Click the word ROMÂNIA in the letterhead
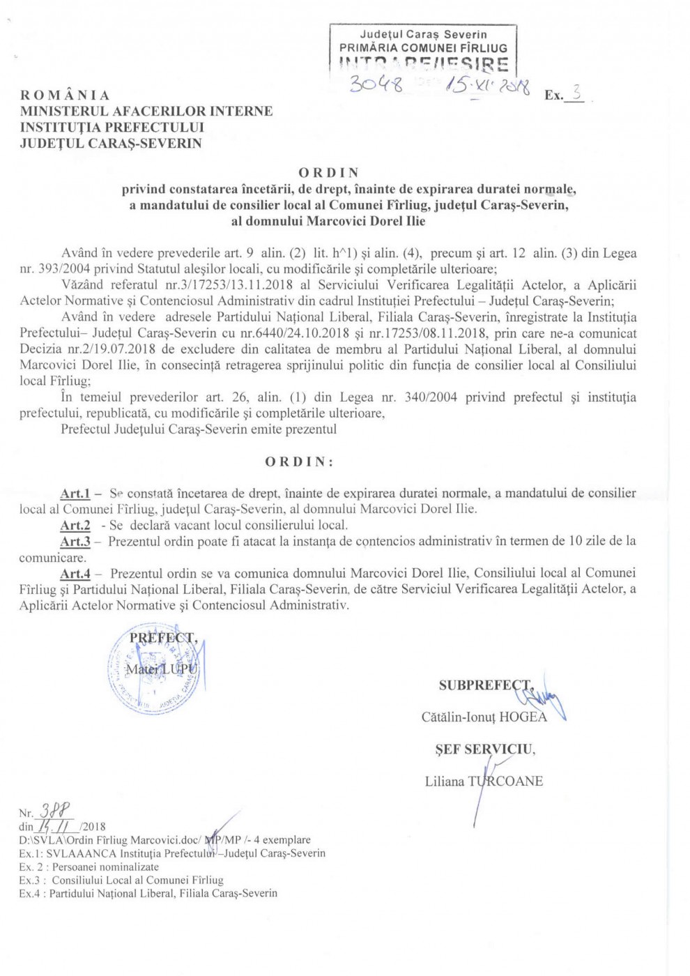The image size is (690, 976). [x=65, y=96]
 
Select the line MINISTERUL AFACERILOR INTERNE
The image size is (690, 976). [x=146, y=112]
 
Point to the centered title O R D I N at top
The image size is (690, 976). [x=328, y=172]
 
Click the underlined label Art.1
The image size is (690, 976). [x=75, y=494]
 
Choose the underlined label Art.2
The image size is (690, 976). [x=75, y=526]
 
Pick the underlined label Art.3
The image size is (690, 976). [x=75, y=542]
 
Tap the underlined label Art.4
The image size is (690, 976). [x=75, y=574]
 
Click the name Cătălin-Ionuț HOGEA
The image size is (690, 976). [x=484, y=717]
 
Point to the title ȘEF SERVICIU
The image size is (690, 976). [x=485, y=749]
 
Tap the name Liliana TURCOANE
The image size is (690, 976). [x=484, y=781]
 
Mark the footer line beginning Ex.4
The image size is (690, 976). [x=148, y=893]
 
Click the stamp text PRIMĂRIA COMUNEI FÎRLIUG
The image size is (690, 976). [x=423, y=48]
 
